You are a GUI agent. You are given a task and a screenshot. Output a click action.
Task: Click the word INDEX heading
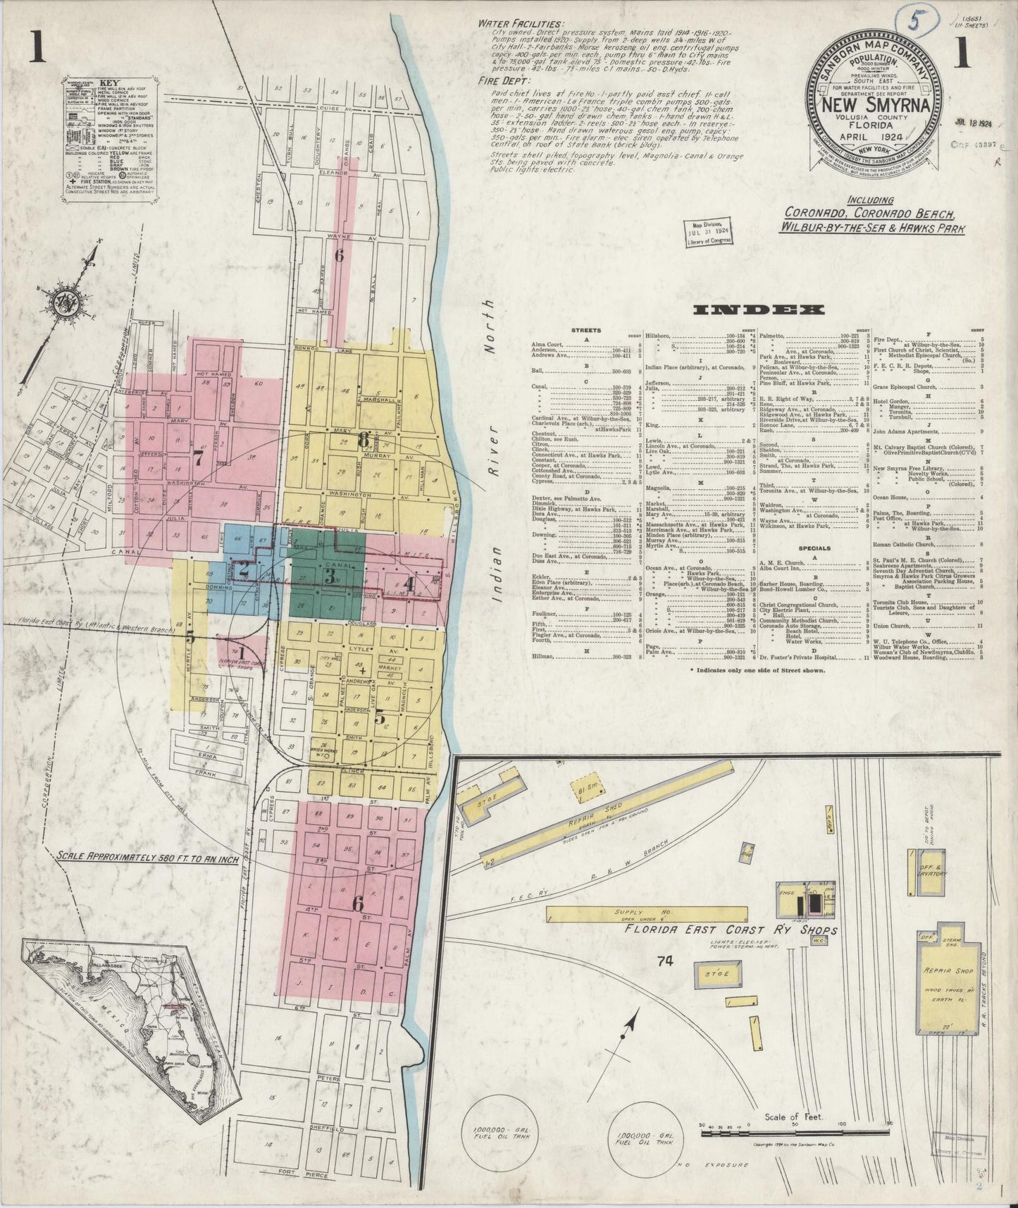(x=759, y=310)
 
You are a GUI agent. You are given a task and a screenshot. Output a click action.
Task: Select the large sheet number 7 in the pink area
(x=198, y=457)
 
